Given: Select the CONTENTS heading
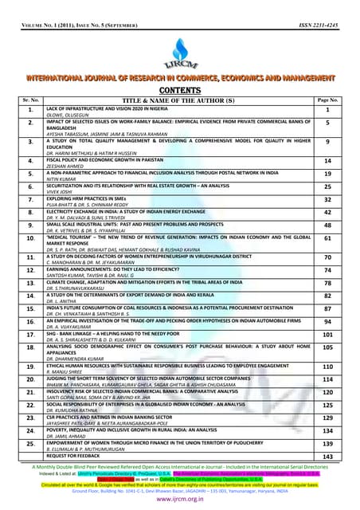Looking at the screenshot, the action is click(180, 92).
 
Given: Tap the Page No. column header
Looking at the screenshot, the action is click(327, 100).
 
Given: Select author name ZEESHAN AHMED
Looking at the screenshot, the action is click(69, 164).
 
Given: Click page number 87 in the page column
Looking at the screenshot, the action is click(327, 308).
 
